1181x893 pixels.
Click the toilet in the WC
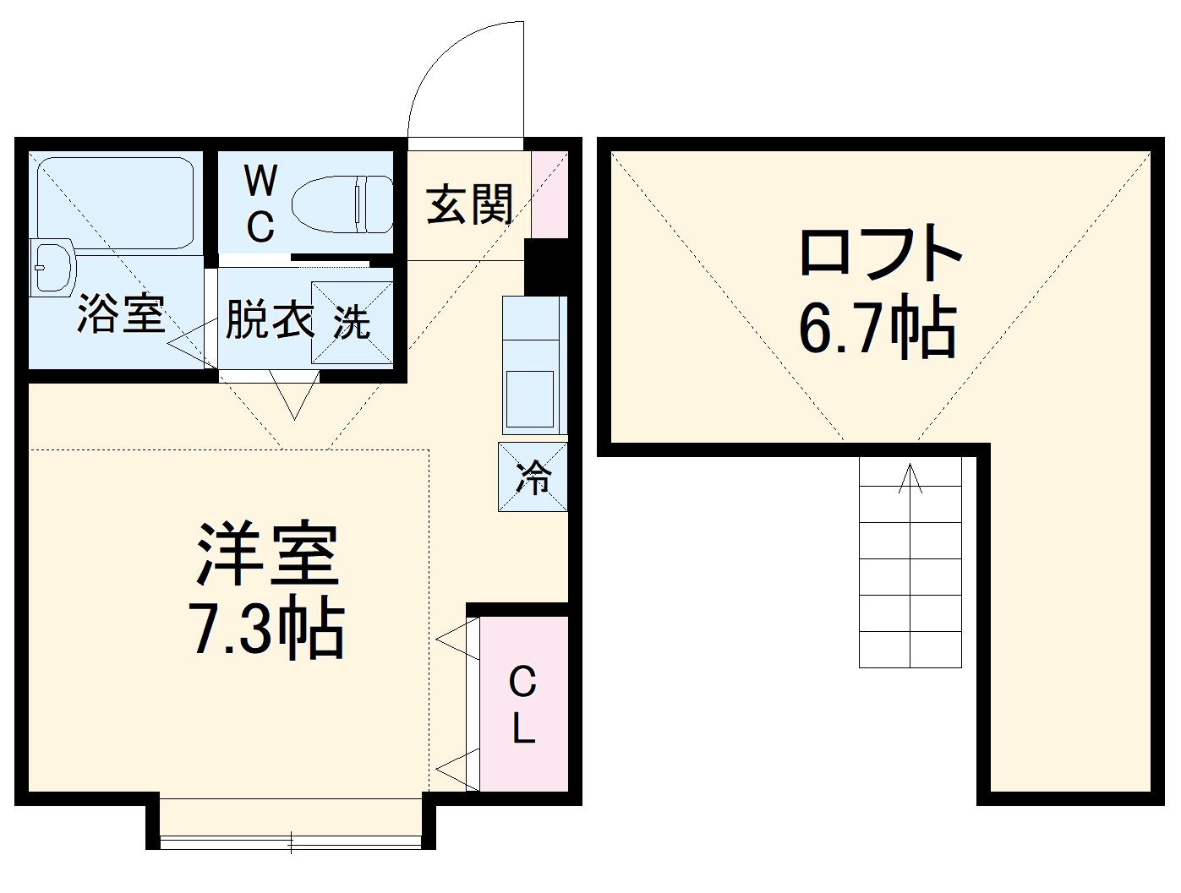pyautogui.click(x=342, y=204)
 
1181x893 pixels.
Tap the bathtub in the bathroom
pyautogui.click(x=117, y=203)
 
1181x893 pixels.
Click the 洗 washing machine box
pyautogui.click(x=351, y=323)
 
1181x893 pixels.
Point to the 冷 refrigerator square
pyautogui.click(x=533, y=477)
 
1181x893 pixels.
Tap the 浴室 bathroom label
pyautogui.click(x=120, y=314)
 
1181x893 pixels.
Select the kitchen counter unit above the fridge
pyautogui.click(x=532, y=364)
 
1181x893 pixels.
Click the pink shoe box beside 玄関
pyautogui.click(x=549, y=193)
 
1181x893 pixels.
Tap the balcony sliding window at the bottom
pyautogui.click(x=291, y=840)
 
